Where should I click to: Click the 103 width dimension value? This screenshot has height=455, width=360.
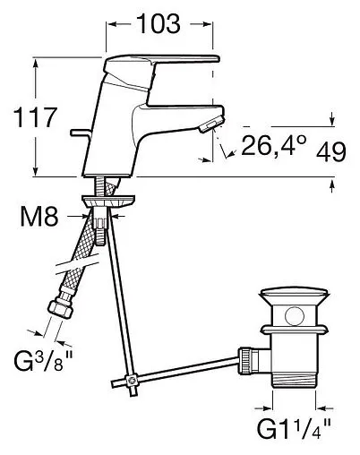(x=159, y=26)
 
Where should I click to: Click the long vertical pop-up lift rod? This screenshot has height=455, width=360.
(x=121, y=296)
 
